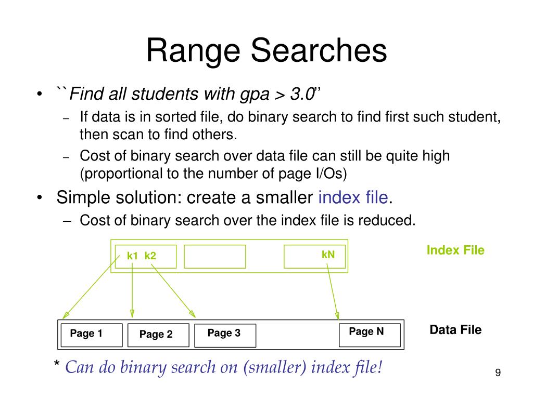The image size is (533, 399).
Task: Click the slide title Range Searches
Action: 266,51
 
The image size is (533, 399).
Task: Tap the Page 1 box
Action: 92,335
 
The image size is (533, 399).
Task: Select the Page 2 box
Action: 158,335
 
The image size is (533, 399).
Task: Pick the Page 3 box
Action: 225,335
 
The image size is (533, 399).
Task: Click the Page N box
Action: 370,334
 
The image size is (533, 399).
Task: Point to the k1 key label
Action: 133,256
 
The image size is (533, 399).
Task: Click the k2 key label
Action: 150,256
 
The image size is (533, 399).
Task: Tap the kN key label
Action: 328,255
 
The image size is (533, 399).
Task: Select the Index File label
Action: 455,250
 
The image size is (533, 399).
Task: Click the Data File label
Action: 455,330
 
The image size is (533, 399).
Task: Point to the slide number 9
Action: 498,373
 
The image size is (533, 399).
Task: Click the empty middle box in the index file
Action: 214,256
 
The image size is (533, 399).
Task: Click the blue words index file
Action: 353,197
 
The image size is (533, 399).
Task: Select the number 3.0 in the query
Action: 302,95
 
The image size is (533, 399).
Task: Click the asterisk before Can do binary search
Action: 57,365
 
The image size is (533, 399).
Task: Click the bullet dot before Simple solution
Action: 40,198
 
